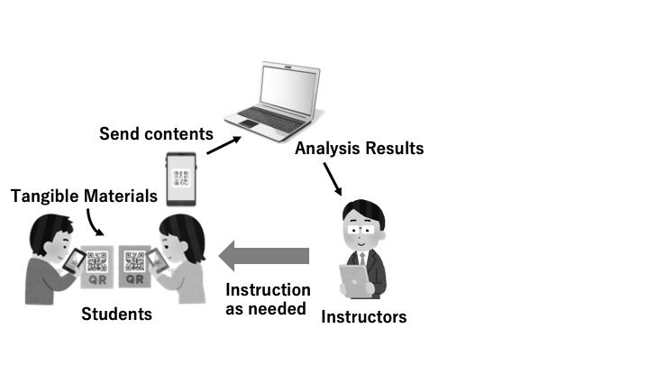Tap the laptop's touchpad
(248, 123)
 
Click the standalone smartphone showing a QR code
(181, 178)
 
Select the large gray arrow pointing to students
(263, 256)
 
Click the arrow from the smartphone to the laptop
(224, 145)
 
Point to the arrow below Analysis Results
(333, 178)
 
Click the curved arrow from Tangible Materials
(95, 224)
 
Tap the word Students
(116, 315)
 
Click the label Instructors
(364, 317)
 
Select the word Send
(120, 134)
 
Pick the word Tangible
(45, 196)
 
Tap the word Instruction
(268, 289)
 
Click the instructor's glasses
(361, 230)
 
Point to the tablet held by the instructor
(354, 280)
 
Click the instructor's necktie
(362, 259)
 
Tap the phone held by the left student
(74, 261)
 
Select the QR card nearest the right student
(134, 266)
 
